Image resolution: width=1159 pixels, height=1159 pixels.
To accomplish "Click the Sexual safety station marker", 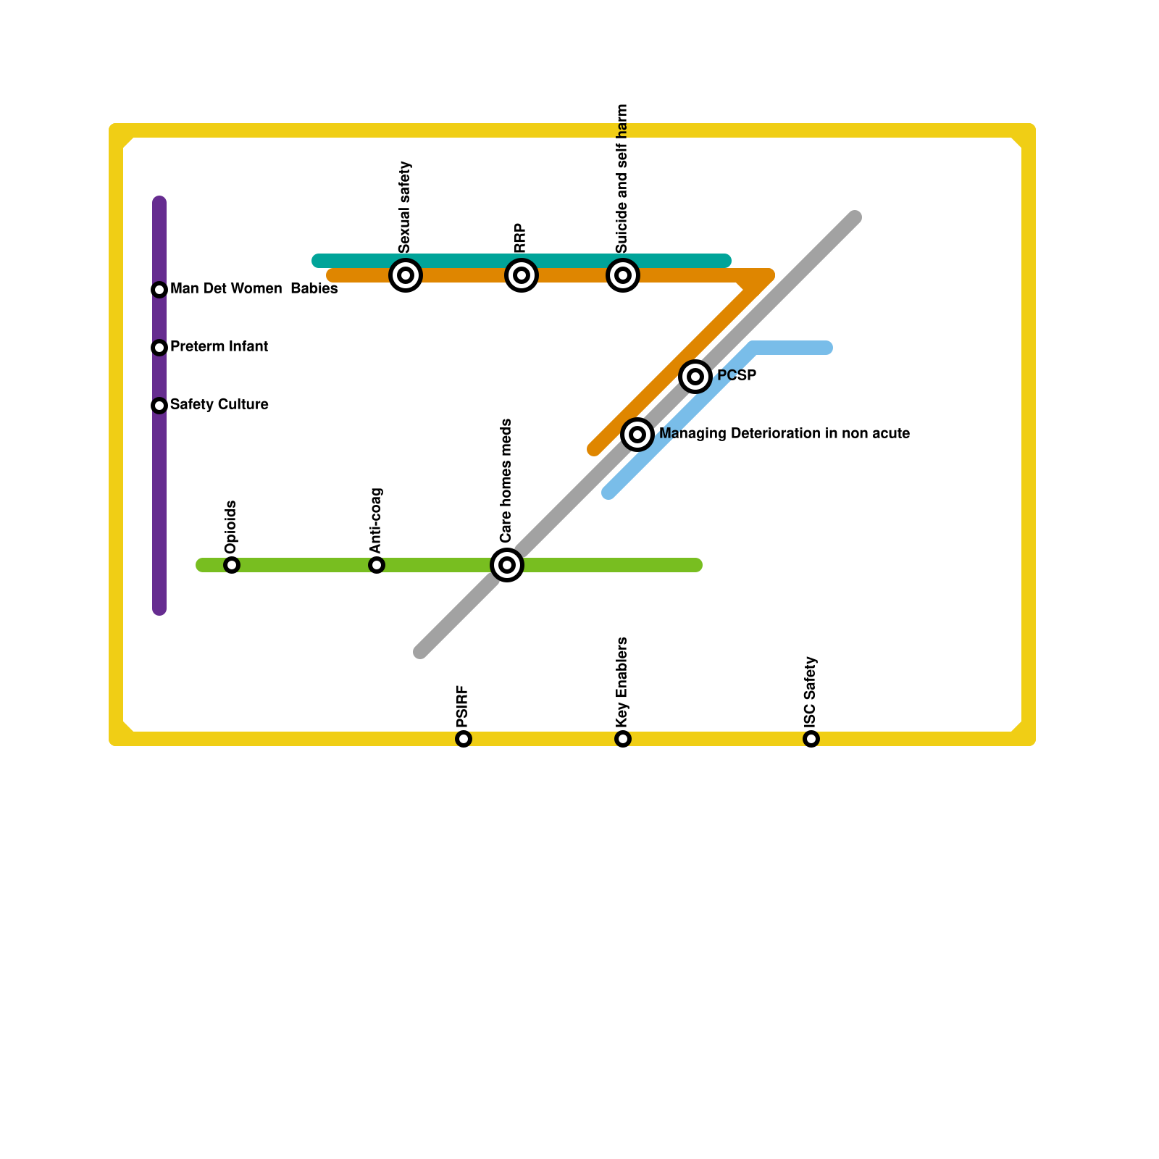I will click(x=406, y=275).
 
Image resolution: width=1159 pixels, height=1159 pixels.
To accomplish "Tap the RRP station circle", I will click(x=522, y=275).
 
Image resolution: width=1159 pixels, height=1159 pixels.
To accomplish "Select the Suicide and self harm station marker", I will click(x=623, y=275).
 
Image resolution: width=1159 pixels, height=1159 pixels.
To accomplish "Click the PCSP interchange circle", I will click(x=695, y=377).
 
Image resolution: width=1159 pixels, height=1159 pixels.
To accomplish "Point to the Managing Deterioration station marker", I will click(x=637, y=435).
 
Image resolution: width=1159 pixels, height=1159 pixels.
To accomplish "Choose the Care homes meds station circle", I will click(x=507, y=565).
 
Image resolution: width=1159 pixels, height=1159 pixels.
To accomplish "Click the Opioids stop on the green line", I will click(x=232, y=565).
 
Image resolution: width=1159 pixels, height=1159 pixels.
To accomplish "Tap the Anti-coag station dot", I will click(x=377, y=565).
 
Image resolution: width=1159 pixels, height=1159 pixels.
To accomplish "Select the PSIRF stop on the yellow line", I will click(x=464, y=739).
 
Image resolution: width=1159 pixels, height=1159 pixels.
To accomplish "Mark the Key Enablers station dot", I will click(x=623, y=739).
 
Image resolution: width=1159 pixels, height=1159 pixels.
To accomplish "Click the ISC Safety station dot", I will click(x=811, y=739).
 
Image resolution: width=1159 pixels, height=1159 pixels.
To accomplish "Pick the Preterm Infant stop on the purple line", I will click(x=159, y=348).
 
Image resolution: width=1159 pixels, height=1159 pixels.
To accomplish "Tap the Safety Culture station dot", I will click(x=159, y=406).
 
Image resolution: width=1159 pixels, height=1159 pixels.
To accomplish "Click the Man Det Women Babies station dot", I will click(x=159, y=290).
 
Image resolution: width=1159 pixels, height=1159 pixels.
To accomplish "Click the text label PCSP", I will click(x=737, y=376).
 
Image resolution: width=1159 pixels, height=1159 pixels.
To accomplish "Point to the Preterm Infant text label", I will click(x=219, y=347).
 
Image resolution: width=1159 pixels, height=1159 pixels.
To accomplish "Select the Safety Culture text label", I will click(x=219, y=405).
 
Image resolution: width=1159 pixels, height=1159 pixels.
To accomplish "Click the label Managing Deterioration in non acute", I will click(x=784, y=434).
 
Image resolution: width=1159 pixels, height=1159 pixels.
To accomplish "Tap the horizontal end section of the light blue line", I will click(x=793, y=348).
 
